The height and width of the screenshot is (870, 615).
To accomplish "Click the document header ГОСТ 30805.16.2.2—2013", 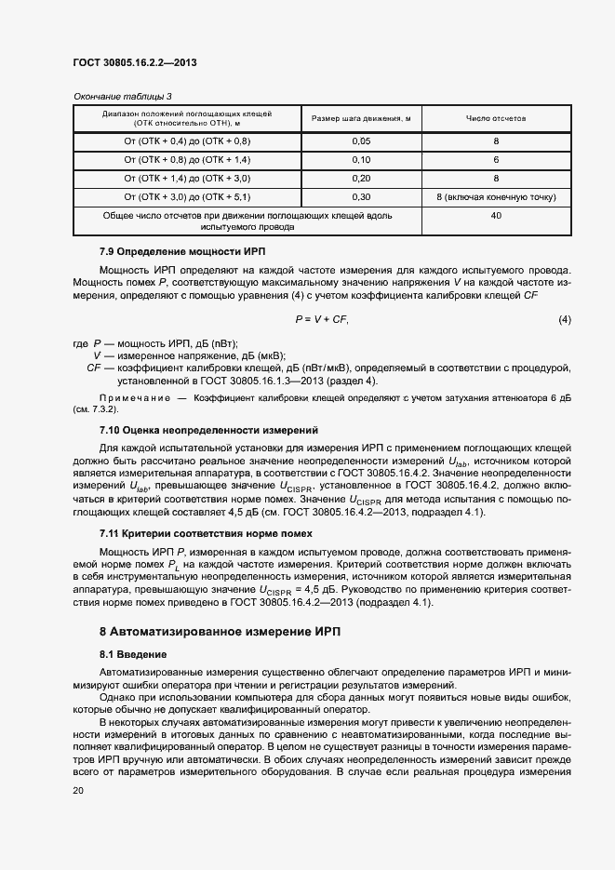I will (x=134, y=63).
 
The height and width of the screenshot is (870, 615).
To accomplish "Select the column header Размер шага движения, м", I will (x=361, y=119).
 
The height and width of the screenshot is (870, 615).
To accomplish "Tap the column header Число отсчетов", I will (x=496, y=119).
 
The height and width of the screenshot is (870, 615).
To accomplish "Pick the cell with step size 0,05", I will (x=361, y=141).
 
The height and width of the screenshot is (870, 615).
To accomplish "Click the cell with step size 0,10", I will (x=361, y=160).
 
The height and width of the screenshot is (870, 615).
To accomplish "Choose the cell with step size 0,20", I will (x=361, y=179).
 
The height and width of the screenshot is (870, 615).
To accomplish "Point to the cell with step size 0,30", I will (x=361, y=197).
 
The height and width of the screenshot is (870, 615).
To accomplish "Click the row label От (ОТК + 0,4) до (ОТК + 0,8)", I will (x=187, y=141).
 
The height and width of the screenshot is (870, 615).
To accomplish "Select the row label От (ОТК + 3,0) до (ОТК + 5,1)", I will (x=187, y=197).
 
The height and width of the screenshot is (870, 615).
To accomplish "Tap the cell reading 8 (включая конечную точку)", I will (x=496, y=197).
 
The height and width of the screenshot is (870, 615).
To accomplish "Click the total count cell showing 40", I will (x=496, y=216).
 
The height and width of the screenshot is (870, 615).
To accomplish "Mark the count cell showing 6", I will (x=496, y=160).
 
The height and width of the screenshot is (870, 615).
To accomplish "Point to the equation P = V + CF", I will (x=321, y=319).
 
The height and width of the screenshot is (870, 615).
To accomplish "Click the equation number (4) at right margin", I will (x=564, y=319).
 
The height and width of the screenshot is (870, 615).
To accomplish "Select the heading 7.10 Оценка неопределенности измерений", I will (x=208, y=430).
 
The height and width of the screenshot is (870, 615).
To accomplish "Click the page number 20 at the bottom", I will (x=78, y=790).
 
